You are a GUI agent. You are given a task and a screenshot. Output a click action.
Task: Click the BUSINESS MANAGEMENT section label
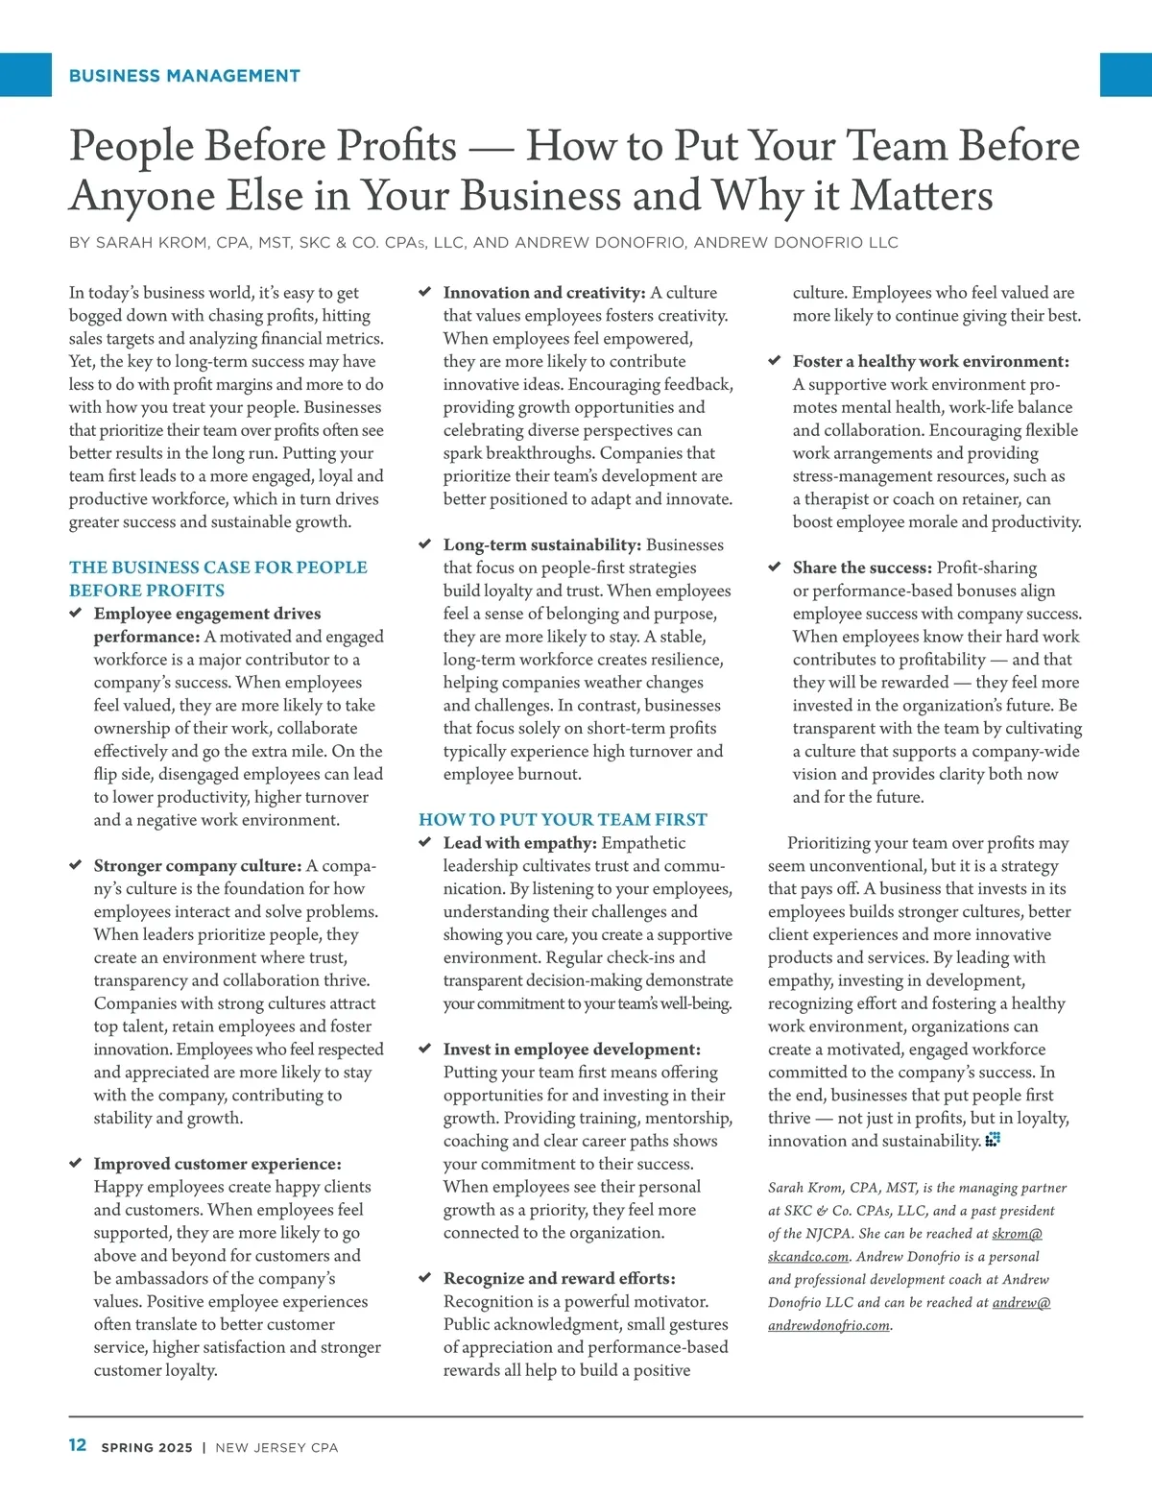(x=184, y=76)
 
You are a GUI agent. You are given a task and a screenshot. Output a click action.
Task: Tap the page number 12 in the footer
(x=78, y=1445)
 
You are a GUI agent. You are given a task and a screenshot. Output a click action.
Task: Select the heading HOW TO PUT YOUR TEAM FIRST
(x=563, y=819)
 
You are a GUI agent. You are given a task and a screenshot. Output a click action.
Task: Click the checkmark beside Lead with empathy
(x=425, y=842)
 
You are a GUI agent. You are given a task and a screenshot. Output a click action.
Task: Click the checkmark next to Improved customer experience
(x=76, y=1164)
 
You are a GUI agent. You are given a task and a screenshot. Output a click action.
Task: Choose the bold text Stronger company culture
(x=198, y=865)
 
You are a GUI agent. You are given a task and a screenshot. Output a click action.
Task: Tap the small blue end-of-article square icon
(x=993, y=1140)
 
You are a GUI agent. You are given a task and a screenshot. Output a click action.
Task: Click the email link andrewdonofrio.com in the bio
(x=829, y=1325)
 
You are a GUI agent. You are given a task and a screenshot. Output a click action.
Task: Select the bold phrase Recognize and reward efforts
(x=559, y=1278)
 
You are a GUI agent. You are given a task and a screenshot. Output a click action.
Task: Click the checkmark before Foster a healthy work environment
(x=775, y=361)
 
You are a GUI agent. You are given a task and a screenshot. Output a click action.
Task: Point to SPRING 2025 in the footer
(x=147, y=1447)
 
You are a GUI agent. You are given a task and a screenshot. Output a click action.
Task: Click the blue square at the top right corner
(x=1125, y=75)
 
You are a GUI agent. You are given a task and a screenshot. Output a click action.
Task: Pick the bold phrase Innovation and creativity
(x=544, y=293)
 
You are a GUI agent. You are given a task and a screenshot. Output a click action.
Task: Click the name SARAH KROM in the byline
(x=152, y=243)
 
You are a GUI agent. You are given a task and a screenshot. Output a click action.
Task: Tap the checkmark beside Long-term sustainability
(x=425, y=544)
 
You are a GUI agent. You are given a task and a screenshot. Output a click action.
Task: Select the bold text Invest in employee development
(x=572, y=1049)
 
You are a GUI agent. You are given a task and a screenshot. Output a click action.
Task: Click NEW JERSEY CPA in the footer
(x=276, y=1447)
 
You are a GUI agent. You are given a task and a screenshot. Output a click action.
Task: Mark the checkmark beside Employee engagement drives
(x=76, y=613)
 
